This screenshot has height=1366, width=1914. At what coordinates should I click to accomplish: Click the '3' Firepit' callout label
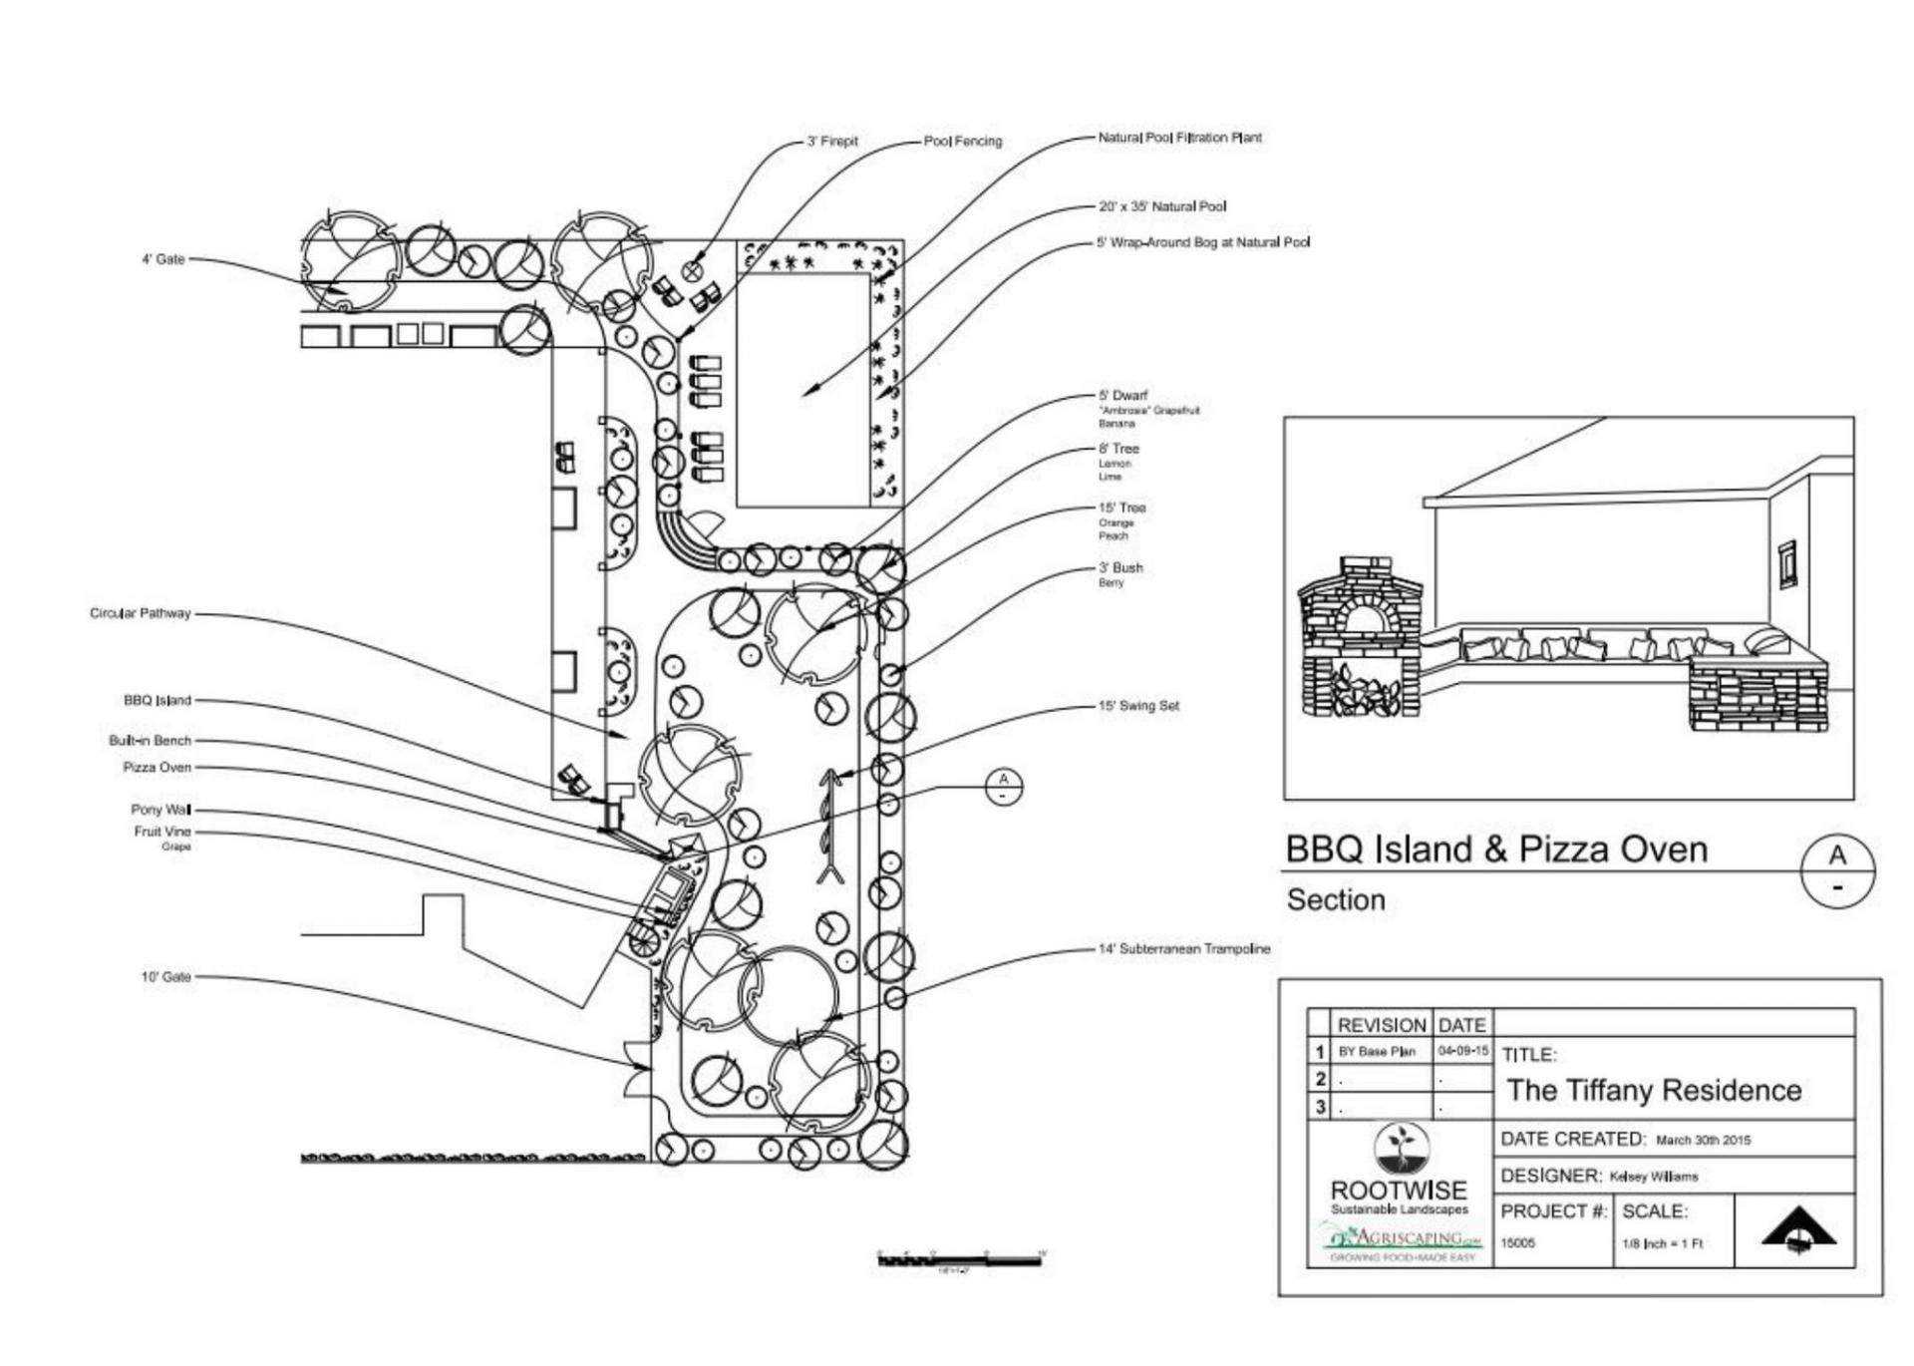pyautogui.click(x=831, y=142)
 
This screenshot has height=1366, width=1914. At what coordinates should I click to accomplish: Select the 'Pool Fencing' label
pyautogui.click(x=962, y=142)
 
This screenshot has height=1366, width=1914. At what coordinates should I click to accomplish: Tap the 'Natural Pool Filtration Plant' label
pyautogui.click(x=1179, y=138)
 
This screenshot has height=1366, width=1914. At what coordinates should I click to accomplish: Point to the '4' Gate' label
pyautogui.click(x=162, y=259)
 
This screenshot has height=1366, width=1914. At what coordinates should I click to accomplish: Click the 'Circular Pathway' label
pyautogui.click(x=140, y=613)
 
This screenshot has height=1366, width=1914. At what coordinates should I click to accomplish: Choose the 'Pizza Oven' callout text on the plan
pyautogui.click(x=157, y=767)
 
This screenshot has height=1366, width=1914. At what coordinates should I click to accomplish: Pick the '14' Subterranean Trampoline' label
pyautogui.click(x=1184, y=949)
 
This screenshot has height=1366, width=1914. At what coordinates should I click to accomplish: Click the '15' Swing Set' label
pyautogui.click(x=1138, y=706)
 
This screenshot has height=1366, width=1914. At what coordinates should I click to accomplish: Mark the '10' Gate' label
pyautogui.click(x=165, y=977)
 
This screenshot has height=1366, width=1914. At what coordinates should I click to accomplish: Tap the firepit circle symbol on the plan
pyautogui.click(x=693, y=270)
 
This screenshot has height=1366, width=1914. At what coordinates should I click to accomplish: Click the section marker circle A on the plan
pyautogui.click(x=1003, y=786)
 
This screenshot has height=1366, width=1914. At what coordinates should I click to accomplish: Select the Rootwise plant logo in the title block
pyautogui.click(x=1400, y=1148)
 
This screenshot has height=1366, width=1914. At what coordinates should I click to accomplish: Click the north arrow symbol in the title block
pyautogui.click(x=1797, y=1230)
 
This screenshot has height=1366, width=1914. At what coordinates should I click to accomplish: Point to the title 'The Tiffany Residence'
pyautogui.click(x=1654, y=1090)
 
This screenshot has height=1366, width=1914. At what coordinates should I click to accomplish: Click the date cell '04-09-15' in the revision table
pyautogui.click(x=1463, y=1051)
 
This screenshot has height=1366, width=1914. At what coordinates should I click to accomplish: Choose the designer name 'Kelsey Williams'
pyautogui.click(x=1653, y=1177)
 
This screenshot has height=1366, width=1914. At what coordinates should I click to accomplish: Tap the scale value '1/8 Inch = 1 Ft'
pyautogui.click(x=1663, y=1243)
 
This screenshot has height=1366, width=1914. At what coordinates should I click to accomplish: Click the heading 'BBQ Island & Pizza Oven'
pyautogui.click(x=1495, y=850)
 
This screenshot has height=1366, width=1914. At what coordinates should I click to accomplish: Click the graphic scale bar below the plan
pyautogui.click(x=958, y=1260)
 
